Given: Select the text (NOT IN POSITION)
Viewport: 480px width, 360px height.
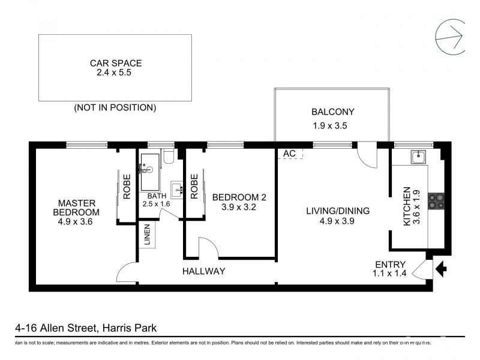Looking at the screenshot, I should (115, 108).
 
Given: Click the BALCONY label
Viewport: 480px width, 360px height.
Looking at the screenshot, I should (332, 112).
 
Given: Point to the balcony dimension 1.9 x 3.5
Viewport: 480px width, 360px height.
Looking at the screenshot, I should (330, 126).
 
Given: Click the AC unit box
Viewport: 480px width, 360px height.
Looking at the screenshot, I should (290, 154).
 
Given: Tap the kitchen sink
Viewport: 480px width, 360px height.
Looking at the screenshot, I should (418, 157).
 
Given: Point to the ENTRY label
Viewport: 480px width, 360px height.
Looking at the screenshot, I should (390, 265).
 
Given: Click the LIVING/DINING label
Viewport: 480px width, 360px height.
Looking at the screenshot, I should (338, 211).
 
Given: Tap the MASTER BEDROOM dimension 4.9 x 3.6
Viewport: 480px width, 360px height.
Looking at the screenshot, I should (76, 222).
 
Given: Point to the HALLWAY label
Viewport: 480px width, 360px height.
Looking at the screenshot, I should (203, 271).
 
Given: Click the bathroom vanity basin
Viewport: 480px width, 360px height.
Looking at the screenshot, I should (177, 190).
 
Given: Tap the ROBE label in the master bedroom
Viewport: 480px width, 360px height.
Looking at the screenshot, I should (127, 186).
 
